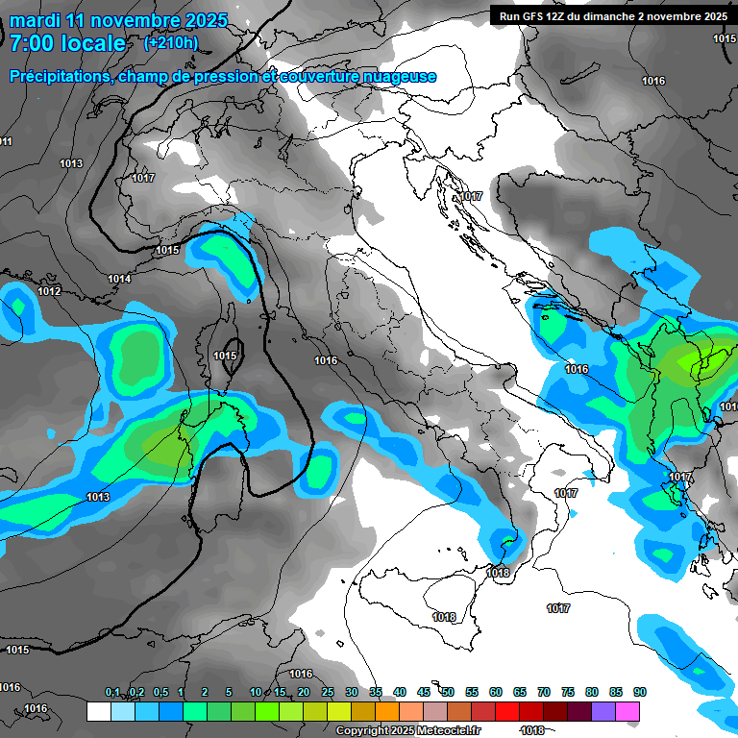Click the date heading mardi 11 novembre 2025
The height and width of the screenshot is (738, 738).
point(118,20)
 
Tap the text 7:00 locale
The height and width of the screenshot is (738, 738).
point(67,43)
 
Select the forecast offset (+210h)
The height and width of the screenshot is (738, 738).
point(171,43)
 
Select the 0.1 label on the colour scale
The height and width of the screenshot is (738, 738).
point(112,692)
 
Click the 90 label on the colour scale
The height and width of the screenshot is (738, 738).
point(640,692)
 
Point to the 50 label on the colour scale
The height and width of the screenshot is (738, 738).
point(448,692)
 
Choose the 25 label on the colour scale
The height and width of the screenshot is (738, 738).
point(328,692)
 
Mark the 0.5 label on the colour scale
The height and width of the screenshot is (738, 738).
point(160,692)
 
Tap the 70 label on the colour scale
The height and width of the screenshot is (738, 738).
point(544,692)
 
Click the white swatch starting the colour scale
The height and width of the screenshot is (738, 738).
point(98,711)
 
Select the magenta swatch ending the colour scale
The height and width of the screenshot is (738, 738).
point(627,711)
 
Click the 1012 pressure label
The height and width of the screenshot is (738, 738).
point(50,291)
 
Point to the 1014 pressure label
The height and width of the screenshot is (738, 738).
point(120,279)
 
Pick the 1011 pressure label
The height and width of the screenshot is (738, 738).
point(6,141)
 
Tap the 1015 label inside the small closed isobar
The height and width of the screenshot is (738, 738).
point(226,356)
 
